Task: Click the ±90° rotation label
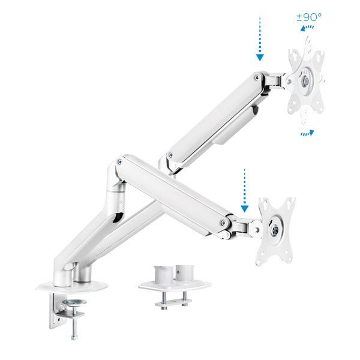point(309,17)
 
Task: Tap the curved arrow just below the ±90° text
point(307,28)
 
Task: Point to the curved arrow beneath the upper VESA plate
point(307,133)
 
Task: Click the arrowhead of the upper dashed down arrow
point(260,58)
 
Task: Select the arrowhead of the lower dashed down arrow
point(245,209)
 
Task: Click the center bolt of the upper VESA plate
point(306,80)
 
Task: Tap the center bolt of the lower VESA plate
point(275,230)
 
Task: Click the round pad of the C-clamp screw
point(74,302)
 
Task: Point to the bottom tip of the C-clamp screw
point(74,338)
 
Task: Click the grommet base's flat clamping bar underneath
point(173,302)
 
